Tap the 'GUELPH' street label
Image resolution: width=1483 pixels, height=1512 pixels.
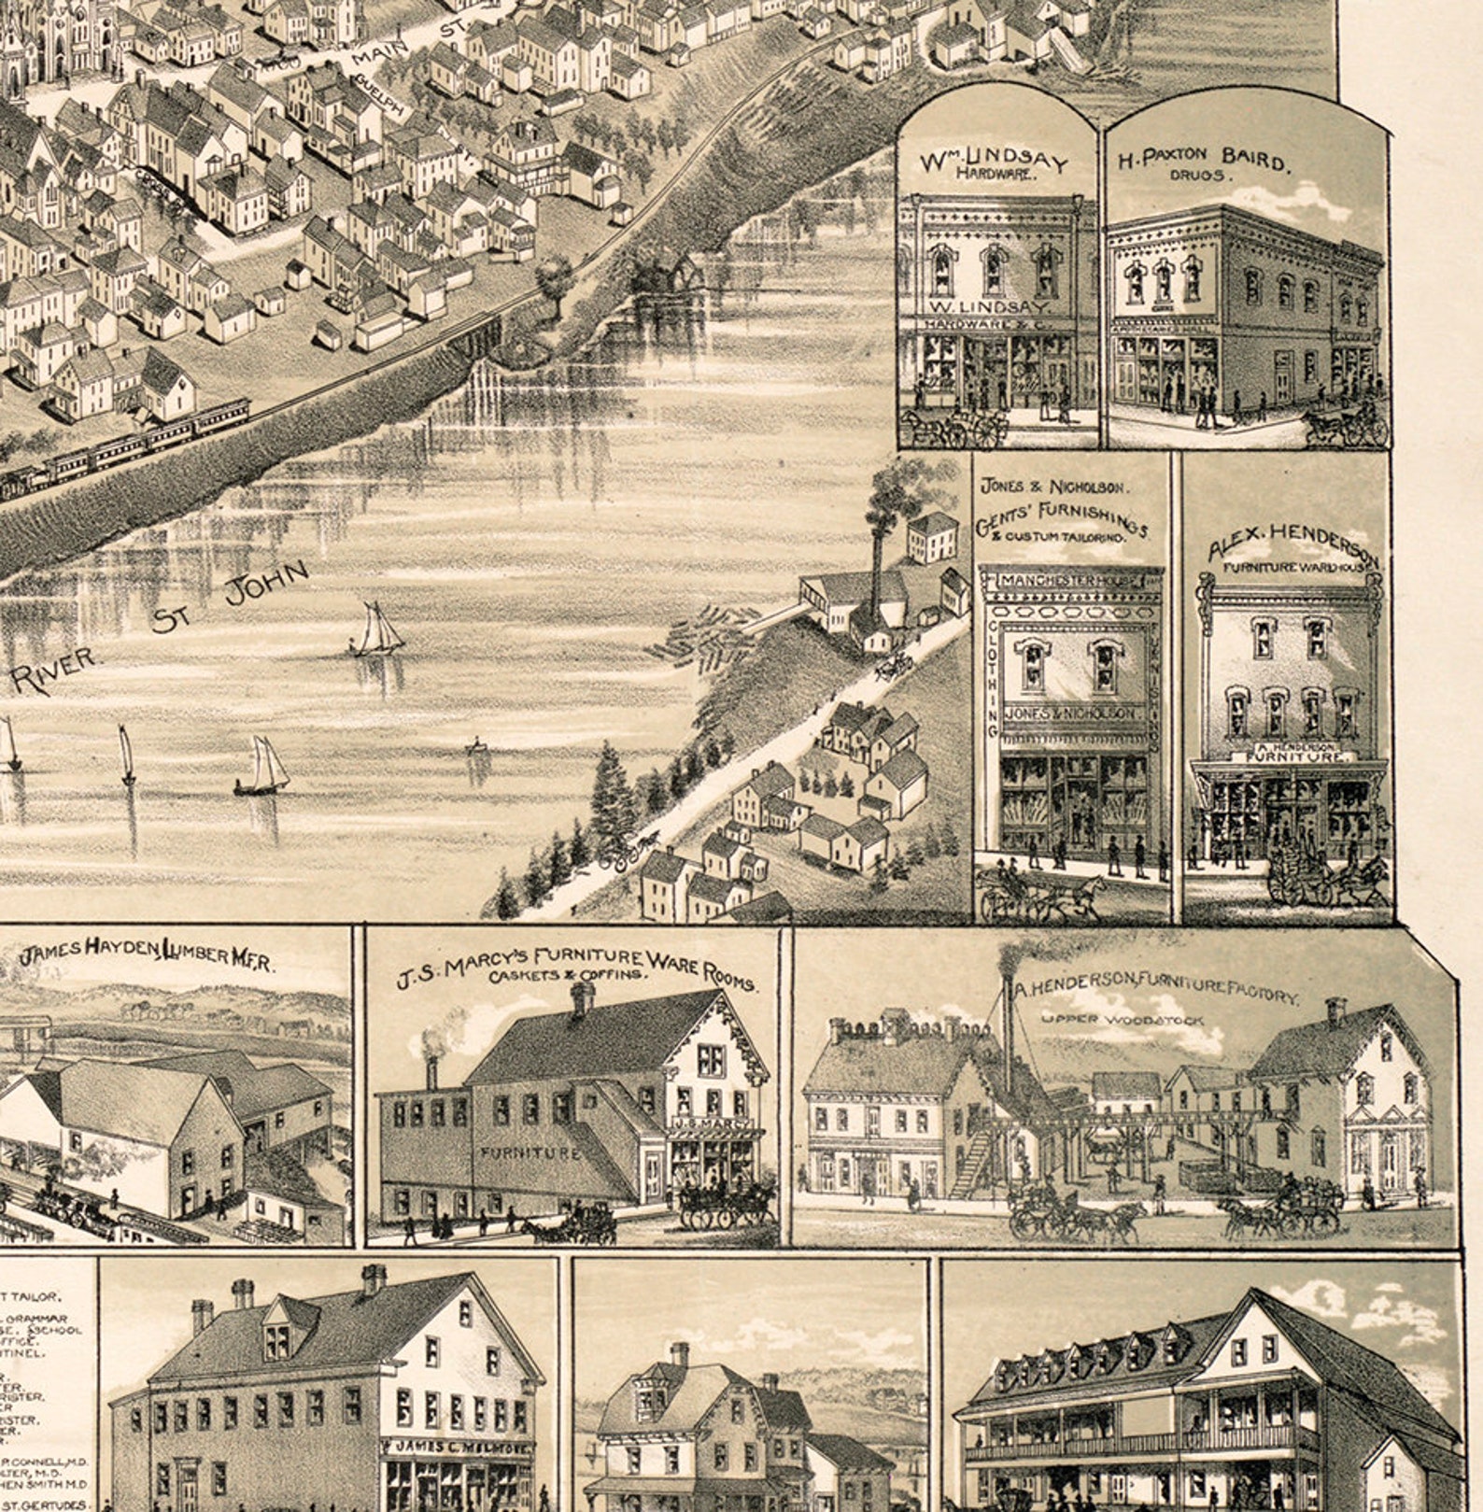pos(377,97)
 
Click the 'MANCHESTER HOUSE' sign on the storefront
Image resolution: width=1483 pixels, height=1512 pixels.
pos(1071,581)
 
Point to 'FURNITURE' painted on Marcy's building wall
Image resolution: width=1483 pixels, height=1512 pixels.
pos(530,1152)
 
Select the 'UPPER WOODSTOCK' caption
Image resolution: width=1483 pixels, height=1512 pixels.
pos(1122,1020)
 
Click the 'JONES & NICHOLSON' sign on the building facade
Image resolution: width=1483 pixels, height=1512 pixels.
pos(1071,714)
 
